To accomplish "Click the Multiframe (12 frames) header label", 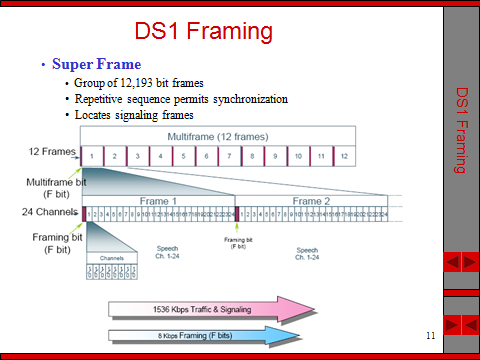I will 217,135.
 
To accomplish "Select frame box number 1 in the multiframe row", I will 92,157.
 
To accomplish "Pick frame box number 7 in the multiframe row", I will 230,157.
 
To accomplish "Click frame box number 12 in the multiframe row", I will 343,157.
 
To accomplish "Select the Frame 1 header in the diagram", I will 159,200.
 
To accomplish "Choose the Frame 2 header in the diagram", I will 312,200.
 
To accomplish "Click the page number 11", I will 429,332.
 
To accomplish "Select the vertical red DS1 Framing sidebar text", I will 461,130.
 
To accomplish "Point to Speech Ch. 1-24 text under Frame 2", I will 313,253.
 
